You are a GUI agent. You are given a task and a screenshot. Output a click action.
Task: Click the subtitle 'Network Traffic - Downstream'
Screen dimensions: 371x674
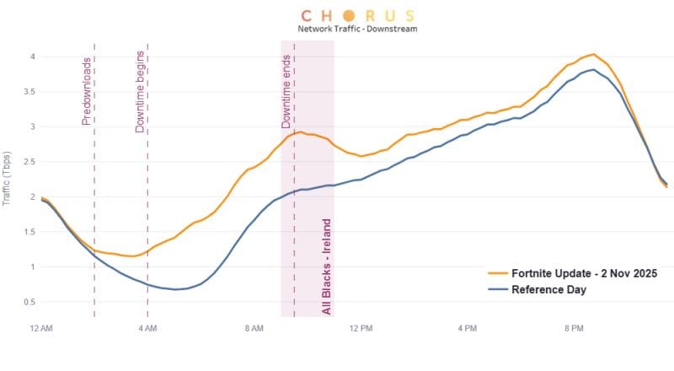pos(357,29)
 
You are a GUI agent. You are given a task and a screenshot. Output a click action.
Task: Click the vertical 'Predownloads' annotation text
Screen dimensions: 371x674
pos(87,92)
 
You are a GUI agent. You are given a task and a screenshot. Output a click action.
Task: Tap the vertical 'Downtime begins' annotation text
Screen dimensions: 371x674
pos(141,92)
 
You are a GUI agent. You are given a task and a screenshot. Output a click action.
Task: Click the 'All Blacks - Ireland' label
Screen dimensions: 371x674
pos(327,267)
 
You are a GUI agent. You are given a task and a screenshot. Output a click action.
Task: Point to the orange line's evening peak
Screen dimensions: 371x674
pos(593,54)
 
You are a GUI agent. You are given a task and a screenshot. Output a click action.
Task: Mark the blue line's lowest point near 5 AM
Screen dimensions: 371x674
pos(175,289)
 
